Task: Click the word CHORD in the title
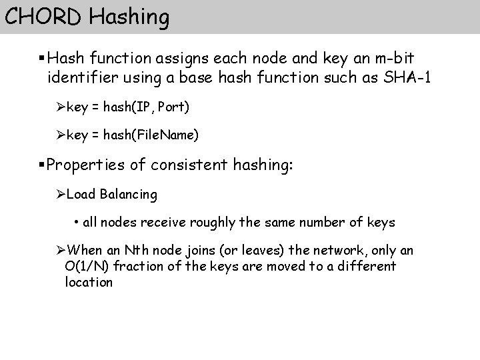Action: pos(43,16)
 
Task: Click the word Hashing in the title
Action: pos(129,17)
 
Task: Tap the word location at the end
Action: pos(89,282)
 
